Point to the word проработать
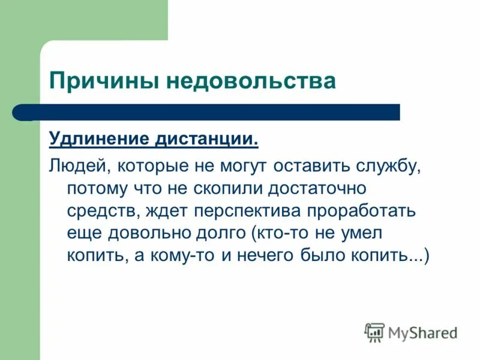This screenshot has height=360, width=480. point(364,211)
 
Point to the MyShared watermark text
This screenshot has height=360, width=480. point(422,332)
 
